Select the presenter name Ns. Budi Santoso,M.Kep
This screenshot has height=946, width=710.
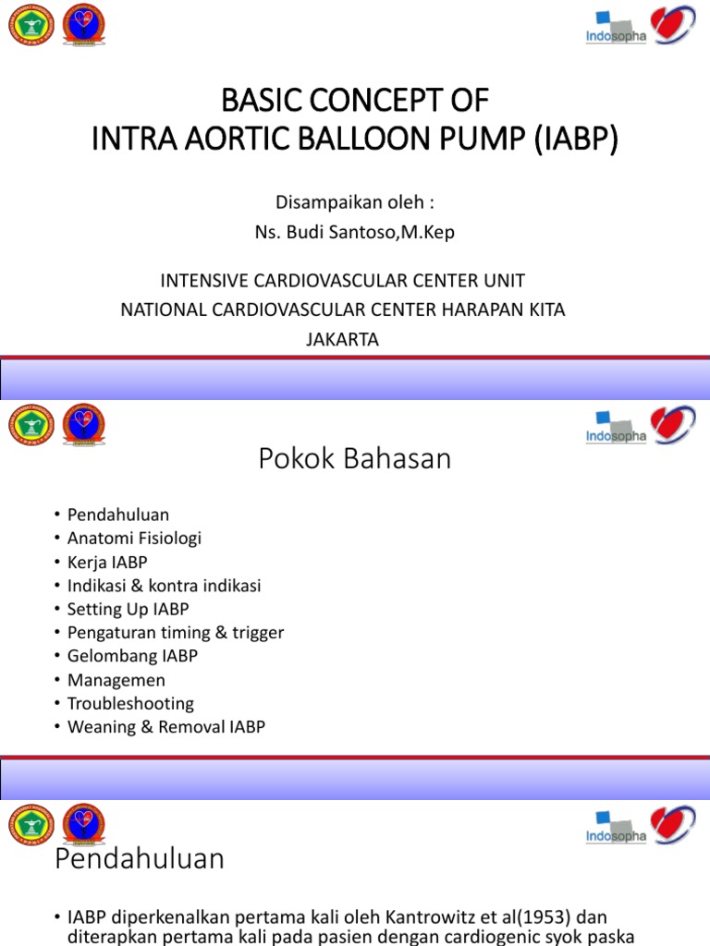355,232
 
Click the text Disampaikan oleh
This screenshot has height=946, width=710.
355,201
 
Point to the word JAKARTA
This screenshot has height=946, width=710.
342,339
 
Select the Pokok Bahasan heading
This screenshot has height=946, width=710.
355,457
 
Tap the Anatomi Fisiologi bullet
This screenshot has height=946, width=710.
134,538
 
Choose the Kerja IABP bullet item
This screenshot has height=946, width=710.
107,562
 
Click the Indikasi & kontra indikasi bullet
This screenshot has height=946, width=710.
164,586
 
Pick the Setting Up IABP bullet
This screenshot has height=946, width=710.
128,609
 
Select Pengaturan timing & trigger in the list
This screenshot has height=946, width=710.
176,633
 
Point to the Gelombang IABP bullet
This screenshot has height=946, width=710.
132,656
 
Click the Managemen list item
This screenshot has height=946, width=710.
116,680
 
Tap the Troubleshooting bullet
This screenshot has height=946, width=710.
130,703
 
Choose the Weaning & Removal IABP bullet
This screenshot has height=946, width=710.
166,727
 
